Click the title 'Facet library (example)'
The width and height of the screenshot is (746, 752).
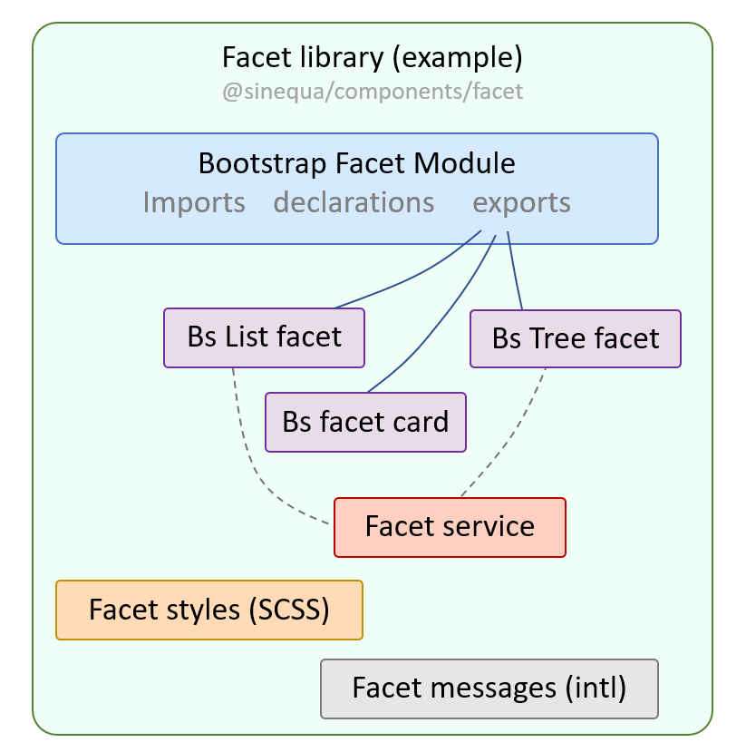[x=373, y=58]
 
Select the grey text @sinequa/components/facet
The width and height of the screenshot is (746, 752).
[x=373, y=92]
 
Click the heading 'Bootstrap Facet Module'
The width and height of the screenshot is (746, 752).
[x=356, y=163]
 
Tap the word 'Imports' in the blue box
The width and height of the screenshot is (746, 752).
[x=194, y=201]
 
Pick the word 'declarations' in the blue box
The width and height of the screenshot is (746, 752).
[x=354, y=201]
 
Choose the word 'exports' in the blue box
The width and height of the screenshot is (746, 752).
[x=521, y=201]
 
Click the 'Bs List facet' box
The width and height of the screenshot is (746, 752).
[x=264, y=337]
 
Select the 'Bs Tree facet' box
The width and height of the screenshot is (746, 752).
[x=575, y=338]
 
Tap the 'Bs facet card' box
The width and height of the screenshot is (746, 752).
[x=365, y=422]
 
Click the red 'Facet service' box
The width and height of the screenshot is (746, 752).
[x=450, y=526]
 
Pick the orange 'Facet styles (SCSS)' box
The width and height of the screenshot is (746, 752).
[x=208, y=610]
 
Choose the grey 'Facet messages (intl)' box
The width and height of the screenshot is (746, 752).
[x=489, y=689]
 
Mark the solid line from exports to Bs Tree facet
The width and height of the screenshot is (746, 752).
[x=514, y=272]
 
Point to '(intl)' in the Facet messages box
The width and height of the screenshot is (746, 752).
[x=595, y=689]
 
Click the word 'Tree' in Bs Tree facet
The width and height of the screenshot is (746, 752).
[x=561, y=338]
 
